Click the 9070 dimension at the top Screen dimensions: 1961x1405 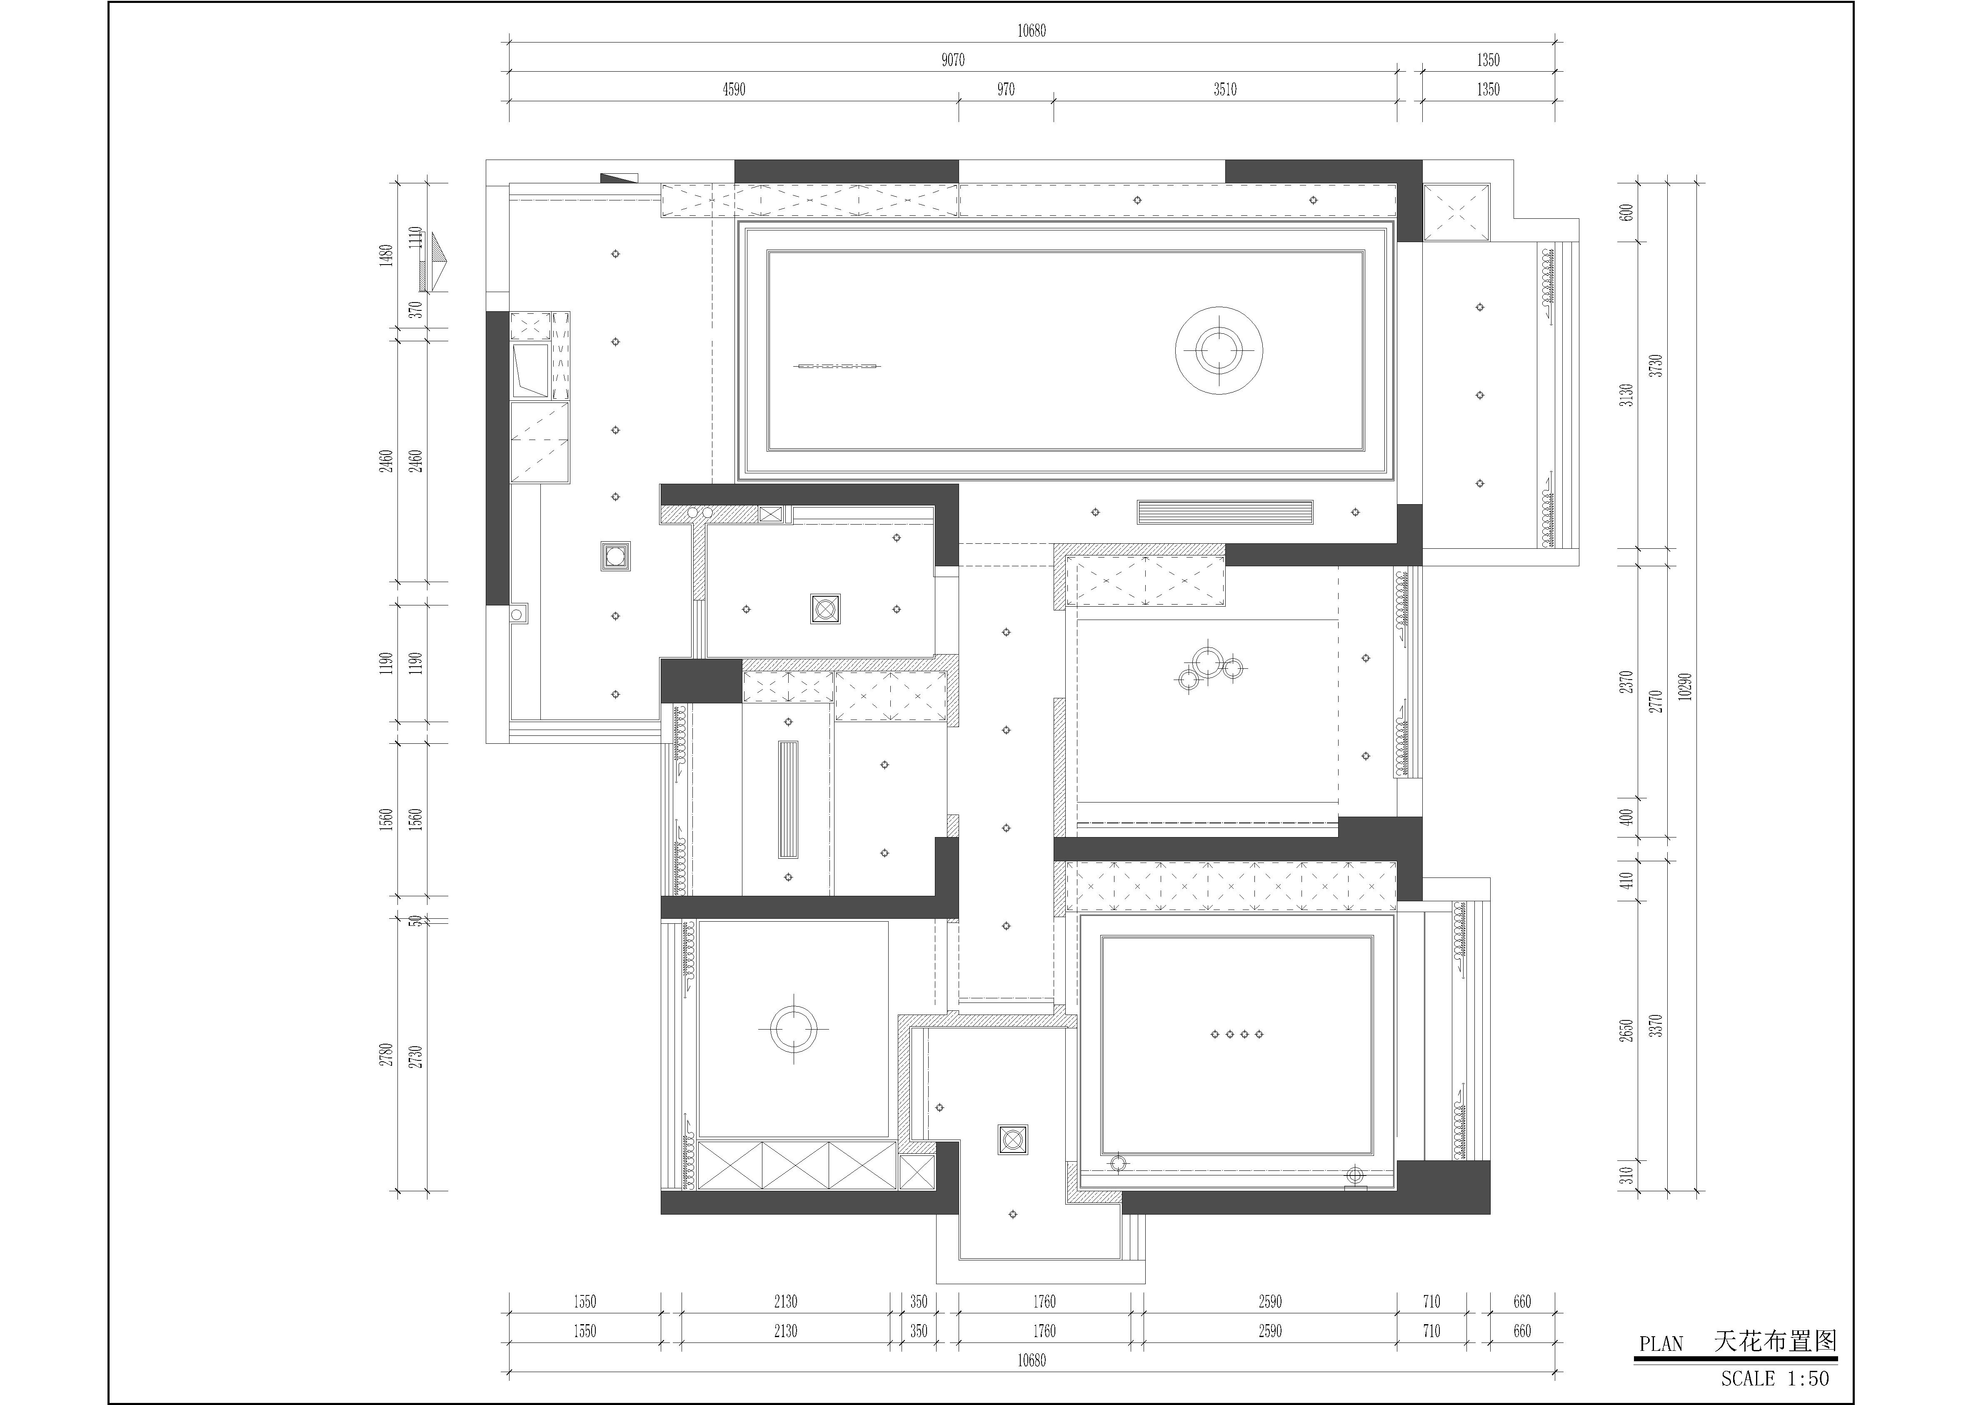point(953,60)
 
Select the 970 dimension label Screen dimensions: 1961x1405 point(1006,89)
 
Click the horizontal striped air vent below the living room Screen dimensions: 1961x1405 point(1224,512)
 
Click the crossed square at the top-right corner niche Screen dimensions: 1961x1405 point(1456,212)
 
